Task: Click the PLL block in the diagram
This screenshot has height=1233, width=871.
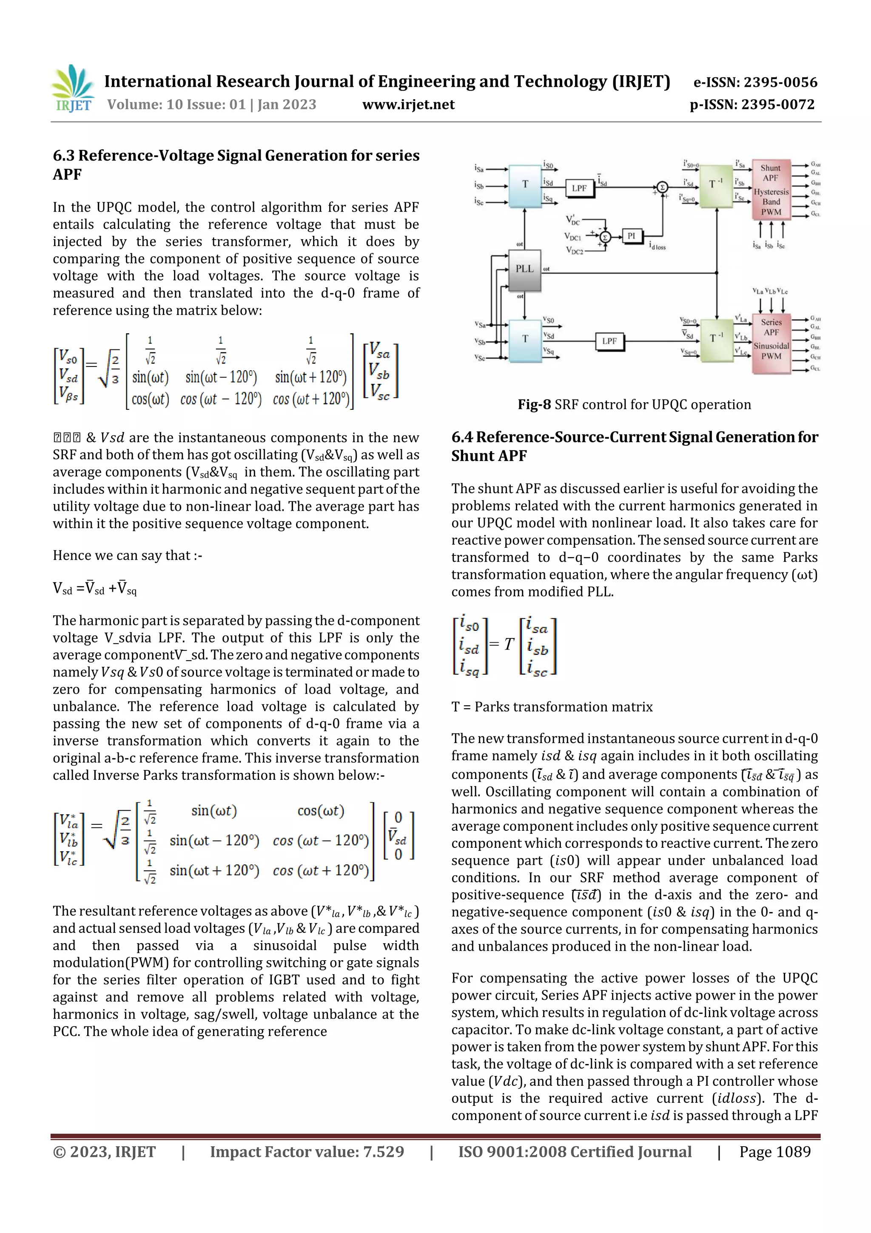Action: [x=524, y=269]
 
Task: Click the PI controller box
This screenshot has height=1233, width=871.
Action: [x=631, y=236]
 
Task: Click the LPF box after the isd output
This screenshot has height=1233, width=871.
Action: [x=579, y=188]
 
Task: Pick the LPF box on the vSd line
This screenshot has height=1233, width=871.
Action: [x=609, y=341]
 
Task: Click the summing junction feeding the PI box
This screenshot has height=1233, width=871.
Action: [x=605, y=237]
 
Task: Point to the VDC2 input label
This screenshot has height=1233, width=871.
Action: [x=573, y=250]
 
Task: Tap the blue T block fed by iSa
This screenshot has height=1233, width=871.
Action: [x=525, y=185]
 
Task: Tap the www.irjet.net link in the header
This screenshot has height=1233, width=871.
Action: [x=408, y=105]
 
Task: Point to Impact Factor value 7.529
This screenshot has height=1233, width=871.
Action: [x=307, y=1152]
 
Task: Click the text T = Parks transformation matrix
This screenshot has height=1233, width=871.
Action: [x=552, y=707]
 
